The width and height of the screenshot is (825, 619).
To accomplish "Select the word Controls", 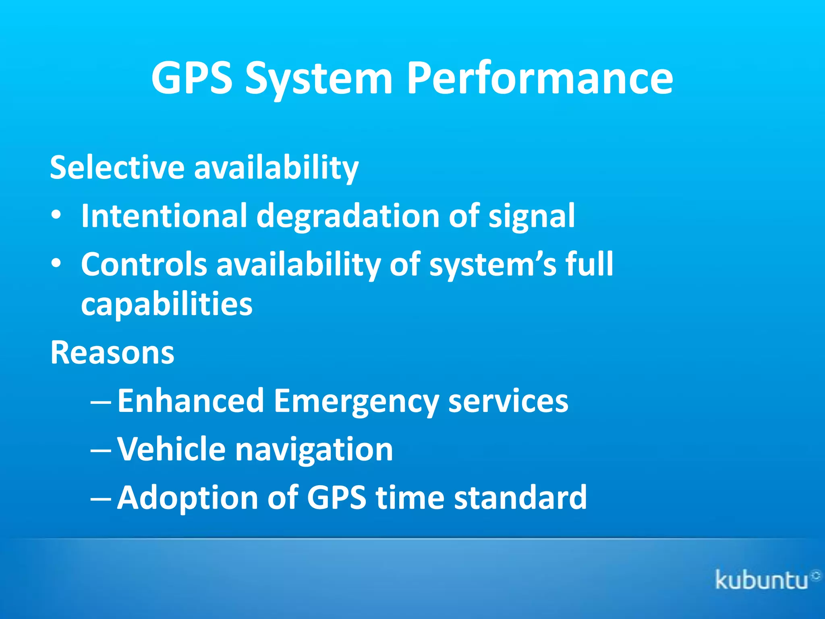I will point(144,264).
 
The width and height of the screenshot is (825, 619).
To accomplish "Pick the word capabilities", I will point(167,305).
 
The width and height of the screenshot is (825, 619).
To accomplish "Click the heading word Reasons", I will point(112,352).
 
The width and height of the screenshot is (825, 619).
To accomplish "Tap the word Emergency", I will point(356,401).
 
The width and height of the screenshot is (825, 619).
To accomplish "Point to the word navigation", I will point(314,450).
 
